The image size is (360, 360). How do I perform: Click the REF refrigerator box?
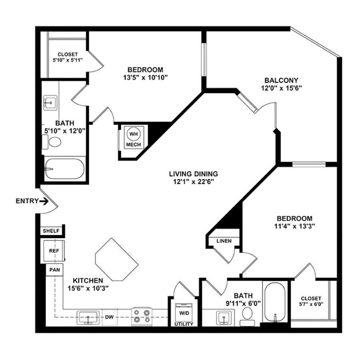tap(54, 251)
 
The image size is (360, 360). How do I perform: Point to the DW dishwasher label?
tap(110, 316)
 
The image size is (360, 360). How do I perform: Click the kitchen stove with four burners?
tap(143, 315)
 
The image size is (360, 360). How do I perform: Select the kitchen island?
tap(116, 260)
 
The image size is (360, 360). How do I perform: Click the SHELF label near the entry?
tap(51, 231)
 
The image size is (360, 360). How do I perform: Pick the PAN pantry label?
tap(54, 270)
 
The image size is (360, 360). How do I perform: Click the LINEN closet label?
tap(224, 241)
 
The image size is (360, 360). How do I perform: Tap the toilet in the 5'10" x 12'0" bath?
tap(53, 142)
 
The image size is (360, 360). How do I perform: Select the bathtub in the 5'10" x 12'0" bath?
tap(64, 170)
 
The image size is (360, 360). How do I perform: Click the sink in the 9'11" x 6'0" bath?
tap(223, 318)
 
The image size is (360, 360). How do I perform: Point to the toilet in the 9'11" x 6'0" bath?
tap(247, 318)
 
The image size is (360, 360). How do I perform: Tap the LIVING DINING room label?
tap(193, 174)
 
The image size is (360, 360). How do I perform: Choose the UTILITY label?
tap(184, 324)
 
